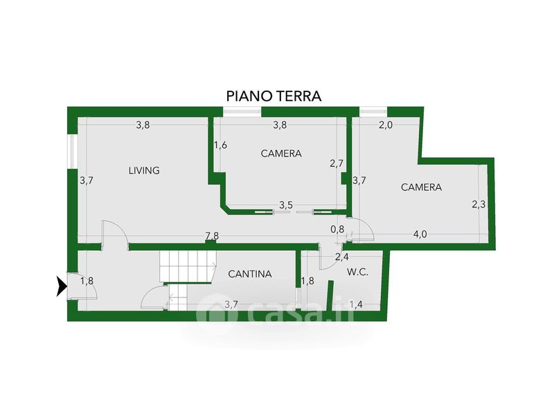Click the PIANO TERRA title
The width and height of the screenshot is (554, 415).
coord(274,95)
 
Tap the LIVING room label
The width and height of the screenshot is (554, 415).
coord(144,170)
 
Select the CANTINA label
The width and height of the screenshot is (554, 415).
coord(250,274)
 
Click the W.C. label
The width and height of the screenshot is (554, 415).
coord(357,272)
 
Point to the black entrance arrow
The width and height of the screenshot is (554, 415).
coord(62,285)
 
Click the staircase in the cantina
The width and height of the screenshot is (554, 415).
coord(185,266)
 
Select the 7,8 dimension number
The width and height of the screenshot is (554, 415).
coord(212,236)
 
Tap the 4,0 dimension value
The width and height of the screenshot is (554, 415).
coord(420,234)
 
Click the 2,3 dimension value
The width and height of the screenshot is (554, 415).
coord(479,204)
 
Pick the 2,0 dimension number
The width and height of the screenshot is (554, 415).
coord(386,125)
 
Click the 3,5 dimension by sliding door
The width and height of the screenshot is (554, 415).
coord(286,205)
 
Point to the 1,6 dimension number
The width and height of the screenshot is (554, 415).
coord(220,145)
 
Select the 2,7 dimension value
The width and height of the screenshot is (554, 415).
coord(337,164)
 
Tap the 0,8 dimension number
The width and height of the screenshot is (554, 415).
coord(337,229)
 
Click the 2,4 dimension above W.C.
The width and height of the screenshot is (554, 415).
coord(341,257)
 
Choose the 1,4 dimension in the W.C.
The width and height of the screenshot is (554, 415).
coord(356,304)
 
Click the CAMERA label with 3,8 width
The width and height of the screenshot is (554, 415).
coord(281,154)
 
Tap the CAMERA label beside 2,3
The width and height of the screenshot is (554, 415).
coord(421,187)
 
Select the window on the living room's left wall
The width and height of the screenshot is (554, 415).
coord(71,151)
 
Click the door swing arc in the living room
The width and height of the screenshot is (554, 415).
coord(114,231)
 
